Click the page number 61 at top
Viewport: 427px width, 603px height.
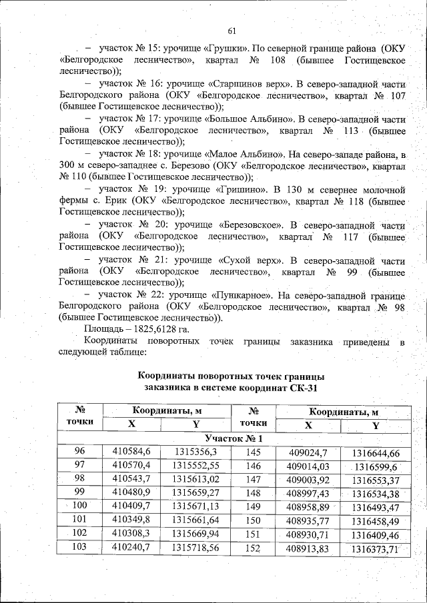(232, 31)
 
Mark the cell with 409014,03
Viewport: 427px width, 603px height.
(308, 466)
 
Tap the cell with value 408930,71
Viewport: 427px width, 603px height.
(308, 535)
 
